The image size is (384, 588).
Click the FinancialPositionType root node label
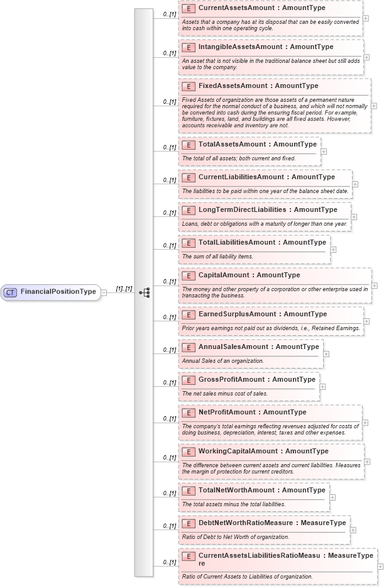pos(58,292)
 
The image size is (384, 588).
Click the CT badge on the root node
pos(10,292)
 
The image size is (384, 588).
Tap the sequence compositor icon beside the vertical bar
pos(145,292)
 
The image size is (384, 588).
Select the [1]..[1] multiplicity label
pos(124,289)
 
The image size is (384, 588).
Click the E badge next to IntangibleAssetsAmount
pos(188,47)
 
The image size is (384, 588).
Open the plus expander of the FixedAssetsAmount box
pos(374,106)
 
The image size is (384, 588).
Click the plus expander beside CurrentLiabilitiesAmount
pos(355,184)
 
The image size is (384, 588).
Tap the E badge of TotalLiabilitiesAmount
pos(188,243)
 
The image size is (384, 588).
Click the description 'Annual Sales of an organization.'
pos(222,361)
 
